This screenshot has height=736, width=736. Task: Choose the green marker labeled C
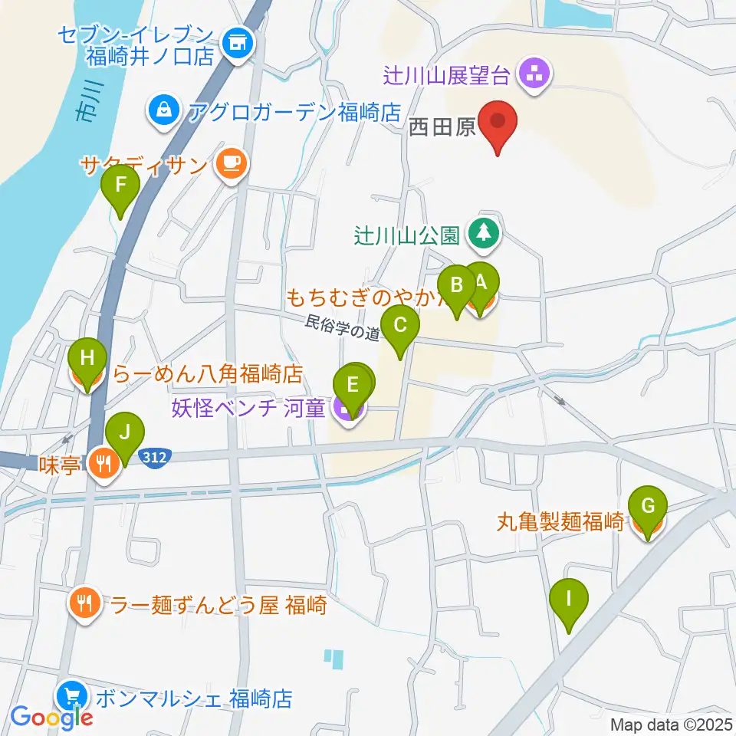399,329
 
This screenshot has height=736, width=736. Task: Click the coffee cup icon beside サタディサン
228,164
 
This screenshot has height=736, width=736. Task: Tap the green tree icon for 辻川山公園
483,233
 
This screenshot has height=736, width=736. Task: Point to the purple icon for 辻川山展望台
531,75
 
